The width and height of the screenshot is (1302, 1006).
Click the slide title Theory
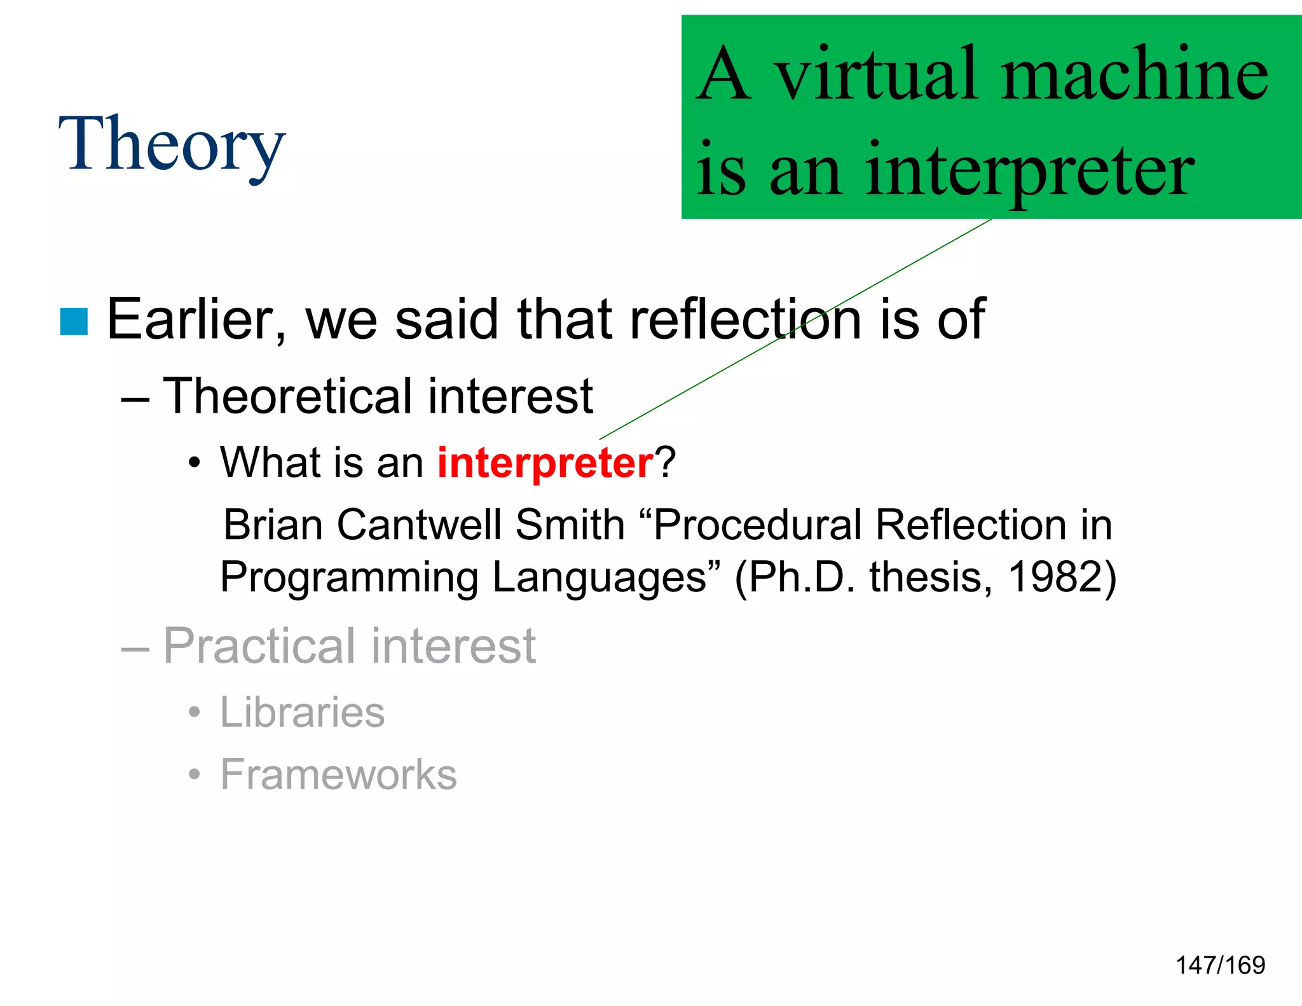pos(172,145)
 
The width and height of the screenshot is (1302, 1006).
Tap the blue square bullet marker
pos(74,321)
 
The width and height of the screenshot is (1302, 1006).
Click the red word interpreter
pos(545,462)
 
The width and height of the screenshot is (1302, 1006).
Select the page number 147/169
pos(1220,965)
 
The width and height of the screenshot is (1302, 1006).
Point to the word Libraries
pos(302,712)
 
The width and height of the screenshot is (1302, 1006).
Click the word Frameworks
pos(338,775)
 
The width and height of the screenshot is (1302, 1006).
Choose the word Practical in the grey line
pos(260,646)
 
